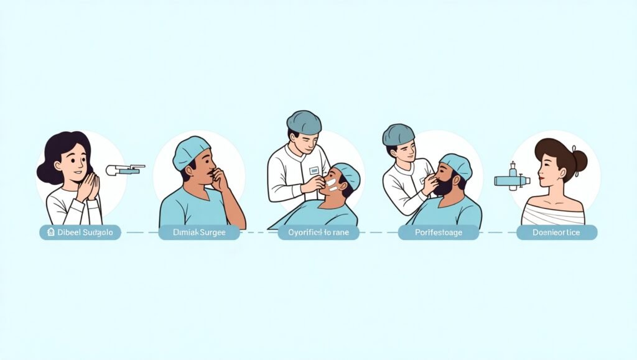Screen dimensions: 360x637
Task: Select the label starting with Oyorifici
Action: coord(318,233)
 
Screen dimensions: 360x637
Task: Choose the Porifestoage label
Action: coord(439,233)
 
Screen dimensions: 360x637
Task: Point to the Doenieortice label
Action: coord(557,233)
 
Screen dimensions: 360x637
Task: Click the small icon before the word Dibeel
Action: coord(50,233)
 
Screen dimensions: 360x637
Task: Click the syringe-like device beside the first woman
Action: coord(124,169)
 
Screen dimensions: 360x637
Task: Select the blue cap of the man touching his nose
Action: coord(190,151)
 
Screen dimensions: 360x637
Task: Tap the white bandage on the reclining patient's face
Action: coord(332,185)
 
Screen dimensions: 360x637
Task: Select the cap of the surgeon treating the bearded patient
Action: coord(398,134)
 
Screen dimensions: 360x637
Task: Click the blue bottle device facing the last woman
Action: coord(512,179)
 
